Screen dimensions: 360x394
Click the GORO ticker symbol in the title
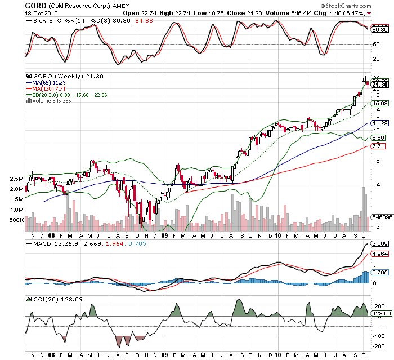pos(35,6)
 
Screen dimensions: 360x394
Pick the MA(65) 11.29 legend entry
pos(49,83)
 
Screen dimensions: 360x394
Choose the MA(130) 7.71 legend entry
pos(49,89)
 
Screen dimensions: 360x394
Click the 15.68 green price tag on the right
pos(378,104)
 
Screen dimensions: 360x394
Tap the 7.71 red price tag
pos(378,146)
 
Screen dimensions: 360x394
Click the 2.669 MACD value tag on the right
pos(378,245)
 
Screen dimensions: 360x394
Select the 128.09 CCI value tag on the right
pos(378,313)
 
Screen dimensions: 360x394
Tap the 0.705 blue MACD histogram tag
pos(378,272)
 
